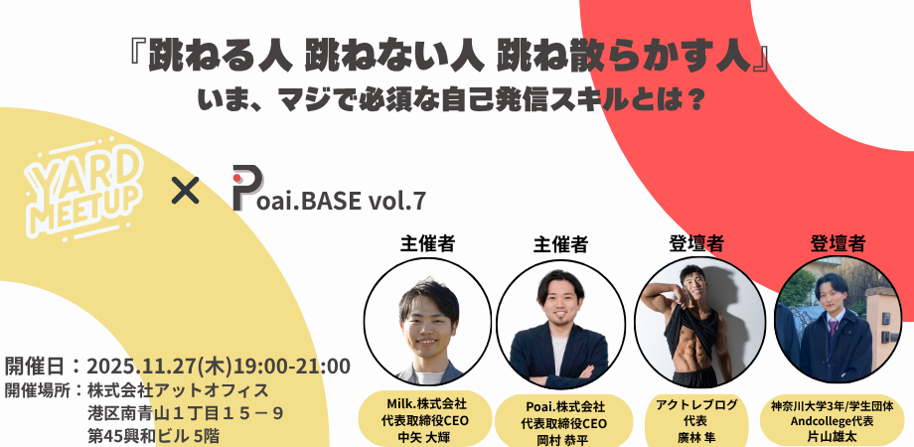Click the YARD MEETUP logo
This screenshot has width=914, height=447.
pos(83,190)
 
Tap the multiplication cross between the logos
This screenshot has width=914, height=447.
pos(186,191)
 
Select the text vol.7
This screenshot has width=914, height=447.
pos(397,201)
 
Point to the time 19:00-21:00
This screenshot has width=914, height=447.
pos(292,367)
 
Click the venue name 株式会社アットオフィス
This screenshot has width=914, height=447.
pos(178,390)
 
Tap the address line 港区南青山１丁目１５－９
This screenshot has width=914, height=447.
pos(186,413)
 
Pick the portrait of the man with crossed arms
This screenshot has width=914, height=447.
pos(560,324)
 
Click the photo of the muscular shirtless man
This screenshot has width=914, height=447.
pos(699,322)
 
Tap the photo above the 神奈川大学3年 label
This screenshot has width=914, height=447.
pos(838,320)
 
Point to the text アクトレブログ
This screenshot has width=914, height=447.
pos(696,404)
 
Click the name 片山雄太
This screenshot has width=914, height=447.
pos(832,435)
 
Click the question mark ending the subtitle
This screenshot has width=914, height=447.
pos(693,100)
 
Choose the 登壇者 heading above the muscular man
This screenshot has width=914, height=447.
pos(696,243)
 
